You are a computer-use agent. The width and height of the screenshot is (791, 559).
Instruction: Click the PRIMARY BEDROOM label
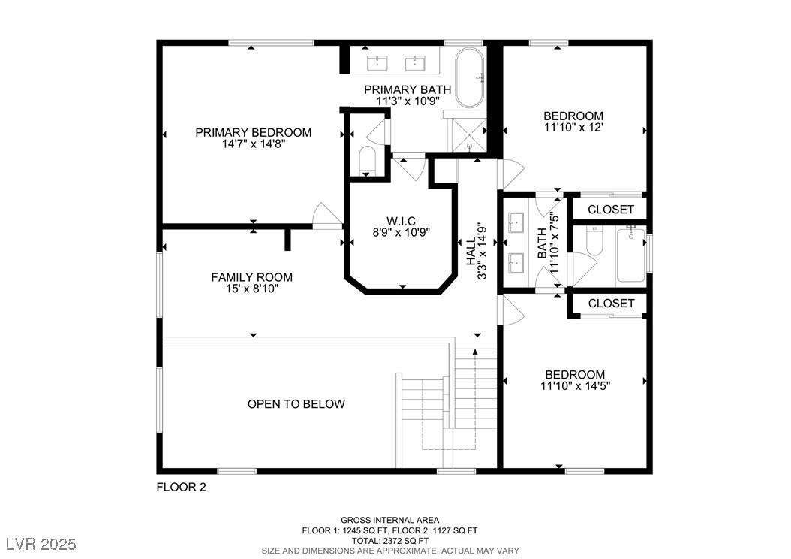(x=253, y=132)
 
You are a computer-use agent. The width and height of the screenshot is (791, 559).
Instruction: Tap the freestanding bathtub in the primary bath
(x=470, y=77)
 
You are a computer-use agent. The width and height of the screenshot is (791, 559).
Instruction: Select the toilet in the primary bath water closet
(x=367, y=160)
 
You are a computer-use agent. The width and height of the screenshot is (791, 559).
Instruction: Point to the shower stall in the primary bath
(x=468, y=134)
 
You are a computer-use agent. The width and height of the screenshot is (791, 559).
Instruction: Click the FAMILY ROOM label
(x=251, y=277)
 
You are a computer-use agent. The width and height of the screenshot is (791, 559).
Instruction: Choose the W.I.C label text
(x=401, y=221)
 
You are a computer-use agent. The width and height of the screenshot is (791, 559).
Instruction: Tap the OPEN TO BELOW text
(x=296, y=404)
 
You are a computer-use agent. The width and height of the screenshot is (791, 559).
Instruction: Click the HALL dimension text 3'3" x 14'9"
(x=483, y=251)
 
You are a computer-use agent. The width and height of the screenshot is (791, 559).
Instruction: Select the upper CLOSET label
(x=611, y=209)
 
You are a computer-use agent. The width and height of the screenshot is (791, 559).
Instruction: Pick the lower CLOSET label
(x=611, y=303)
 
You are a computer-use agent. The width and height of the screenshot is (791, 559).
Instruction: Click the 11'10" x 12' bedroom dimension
(x=573, y=128)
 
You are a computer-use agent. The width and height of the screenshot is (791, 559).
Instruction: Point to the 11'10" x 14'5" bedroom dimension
(x=576, y=386)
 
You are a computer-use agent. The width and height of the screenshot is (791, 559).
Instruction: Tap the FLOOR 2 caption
(x=182, y=488)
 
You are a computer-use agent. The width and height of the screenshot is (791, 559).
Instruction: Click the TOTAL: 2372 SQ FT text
(x=390, y=541)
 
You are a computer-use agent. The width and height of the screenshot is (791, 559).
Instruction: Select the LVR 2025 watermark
(x=41, y=545)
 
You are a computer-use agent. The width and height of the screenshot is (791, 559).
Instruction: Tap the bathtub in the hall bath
(x=630, y=255)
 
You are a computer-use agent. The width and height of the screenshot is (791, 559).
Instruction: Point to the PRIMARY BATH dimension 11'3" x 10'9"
(x=408, y=101)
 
